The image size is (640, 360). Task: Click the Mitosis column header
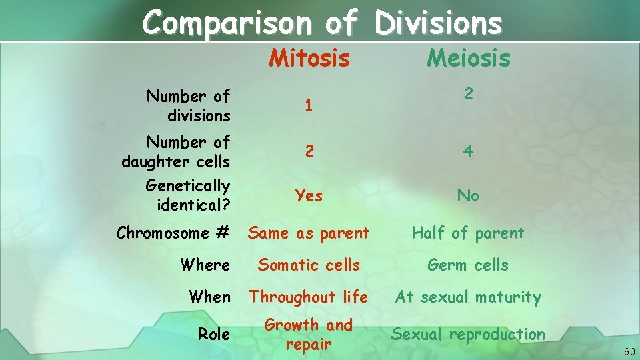click(309, 59)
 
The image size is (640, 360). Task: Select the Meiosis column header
click(468, 59)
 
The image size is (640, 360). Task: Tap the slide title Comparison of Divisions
click(321, 22)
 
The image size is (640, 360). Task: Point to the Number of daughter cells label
click(177, 152)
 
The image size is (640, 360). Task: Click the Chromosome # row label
click(173, 233)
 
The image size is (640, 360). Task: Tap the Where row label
click(205, 265)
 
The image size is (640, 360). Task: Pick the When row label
click(209, 297)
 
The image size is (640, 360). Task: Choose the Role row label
click(214, 335)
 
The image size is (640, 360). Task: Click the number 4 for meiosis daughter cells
click(468, 152)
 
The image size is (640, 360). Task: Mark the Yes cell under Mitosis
click(309, 195)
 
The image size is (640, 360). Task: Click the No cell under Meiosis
click(468, 195)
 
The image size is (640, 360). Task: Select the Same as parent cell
click(309, 233)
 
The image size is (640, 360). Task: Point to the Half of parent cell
click(468, 233)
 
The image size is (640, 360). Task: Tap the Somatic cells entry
click(309, 265)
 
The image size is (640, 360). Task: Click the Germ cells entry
click(468, 265)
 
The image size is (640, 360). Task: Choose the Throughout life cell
click(309, 297)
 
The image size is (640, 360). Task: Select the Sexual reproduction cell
click(468, 335)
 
